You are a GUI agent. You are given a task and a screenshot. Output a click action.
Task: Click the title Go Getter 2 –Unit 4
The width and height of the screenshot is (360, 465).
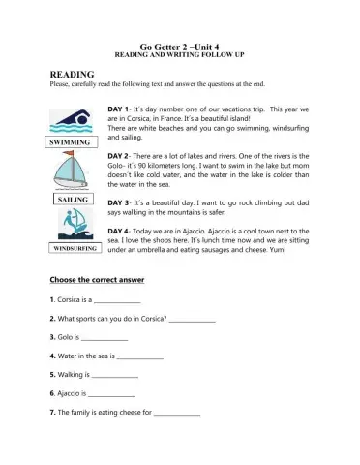[181, 46]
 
